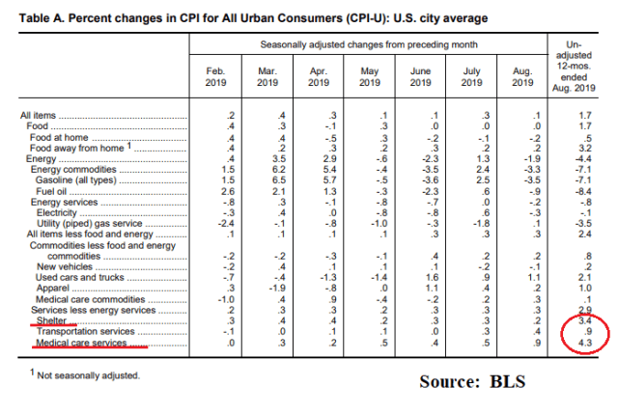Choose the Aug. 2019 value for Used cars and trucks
521,277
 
